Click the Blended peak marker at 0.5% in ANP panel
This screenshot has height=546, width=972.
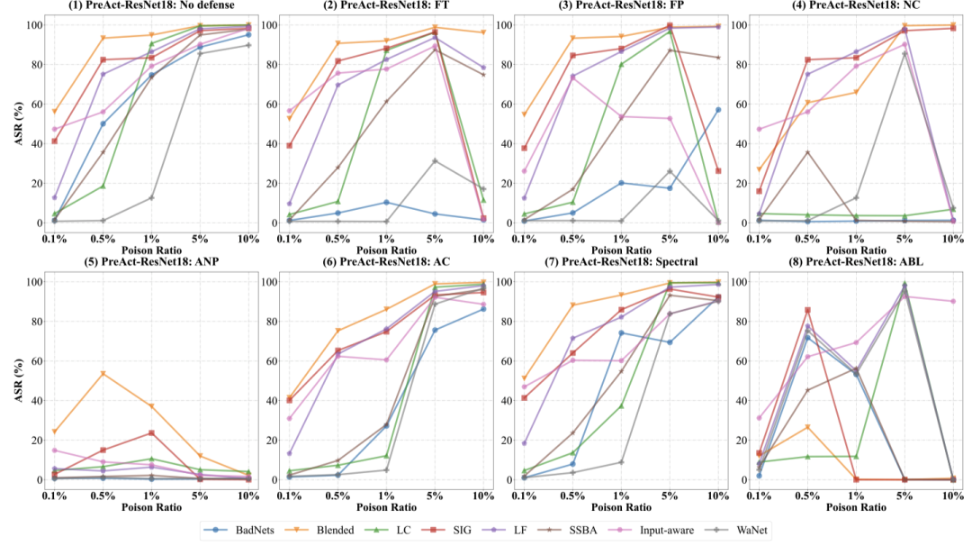[103, 373]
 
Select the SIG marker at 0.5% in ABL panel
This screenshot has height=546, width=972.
[807, 310]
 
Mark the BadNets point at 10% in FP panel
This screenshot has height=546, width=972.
[716, 110]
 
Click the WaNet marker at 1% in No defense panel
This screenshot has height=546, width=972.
[151, 197]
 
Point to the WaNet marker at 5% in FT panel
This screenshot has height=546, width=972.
[434, 160]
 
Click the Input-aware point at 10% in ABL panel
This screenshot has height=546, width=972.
[951, 301]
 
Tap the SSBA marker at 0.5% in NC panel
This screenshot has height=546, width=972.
[807, 152]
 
